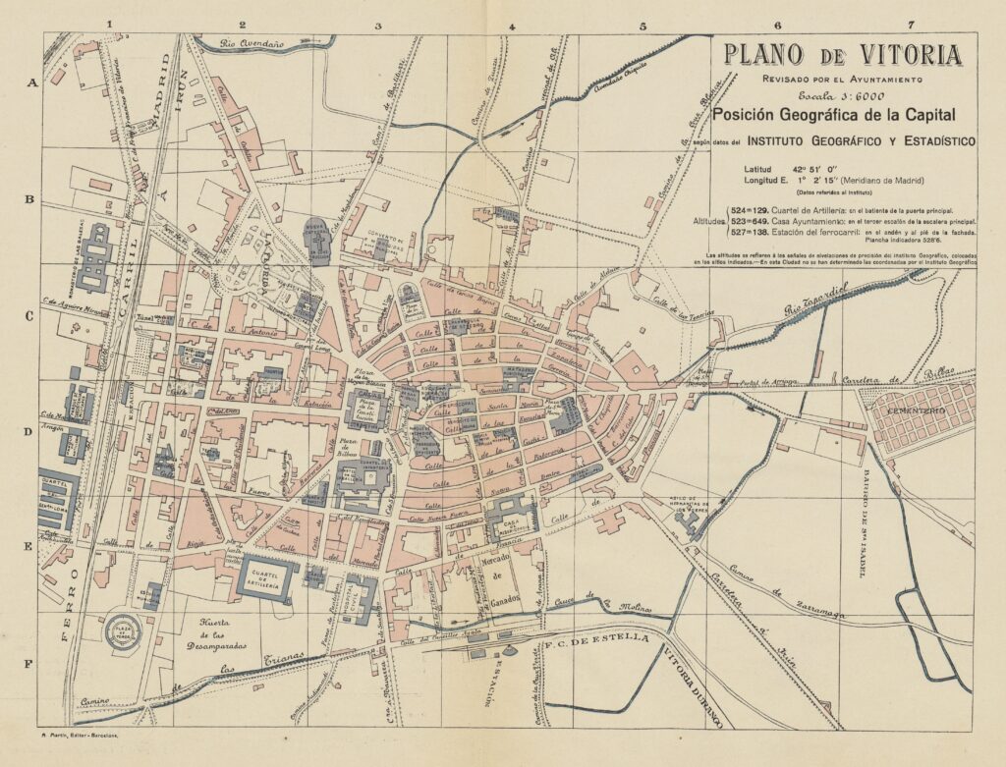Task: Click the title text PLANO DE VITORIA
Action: click(x=842, y=55)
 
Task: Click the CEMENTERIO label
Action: click(x=917, y=409)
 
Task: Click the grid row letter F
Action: click(x=28, y=664)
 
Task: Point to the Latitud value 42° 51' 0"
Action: click(x=833, y=168)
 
